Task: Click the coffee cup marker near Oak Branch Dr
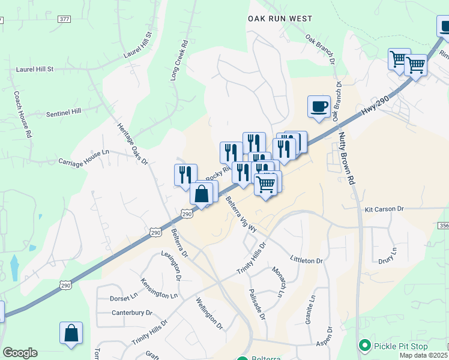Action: click(x=319, y=107)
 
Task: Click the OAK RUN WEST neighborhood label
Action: click(x=280, y=19)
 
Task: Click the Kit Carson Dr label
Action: click(x=384, y=209)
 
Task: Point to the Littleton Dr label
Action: click(x=306, y=261)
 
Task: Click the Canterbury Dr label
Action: click(x=132, y=313)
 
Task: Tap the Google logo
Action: click(x=20, y=353)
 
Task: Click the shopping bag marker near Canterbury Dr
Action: click(x=71, y=334)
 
